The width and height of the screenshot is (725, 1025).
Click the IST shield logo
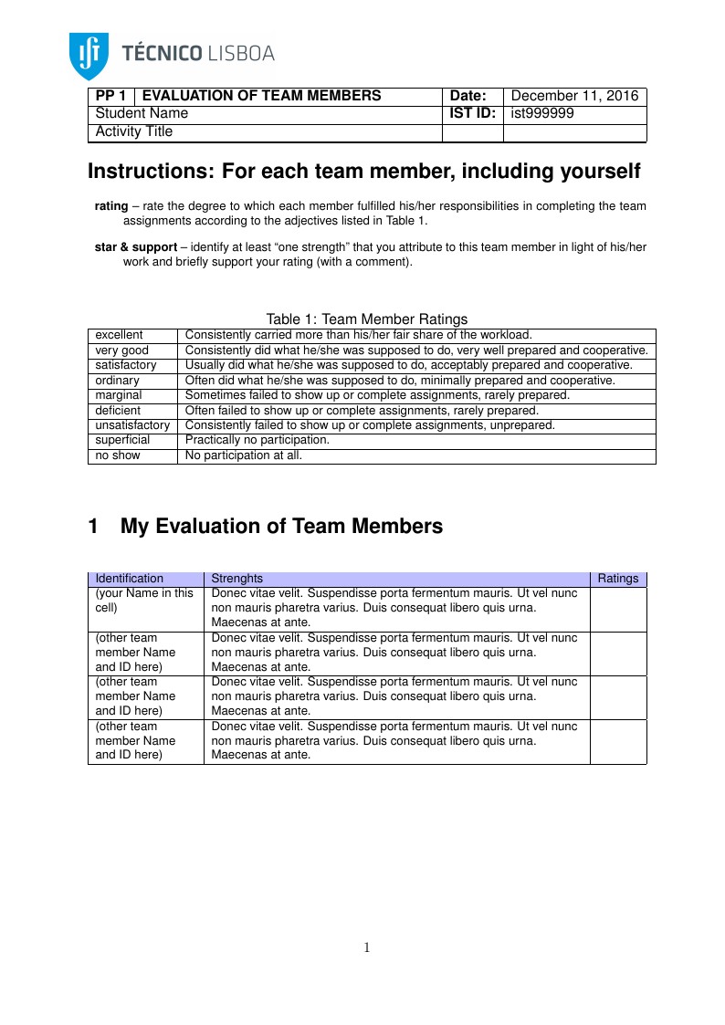tap(89, 55)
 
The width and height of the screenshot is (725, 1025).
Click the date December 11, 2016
tap(574, 96)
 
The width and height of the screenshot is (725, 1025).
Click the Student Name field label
tap(142, 113)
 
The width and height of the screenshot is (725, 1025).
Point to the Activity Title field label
tap(133, 131)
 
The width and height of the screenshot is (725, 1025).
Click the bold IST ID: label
tap(472, 113)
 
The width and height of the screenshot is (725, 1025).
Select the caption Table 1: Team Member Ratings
tap(366, 319)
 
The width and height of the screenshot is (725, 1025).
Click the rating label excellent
tap(119, 335)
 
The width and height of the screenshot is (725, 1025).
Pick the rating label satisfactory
tap(125, 365)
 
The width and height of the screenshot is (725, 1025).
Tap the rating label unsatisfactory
tap(132, 425)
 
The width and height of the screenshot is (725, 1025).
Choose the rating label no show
tap(118, 455)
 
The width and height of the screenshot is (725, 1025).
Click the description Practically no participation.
tap(257, 440)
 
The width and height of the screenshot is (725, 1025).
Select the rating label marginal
tap(119, 395)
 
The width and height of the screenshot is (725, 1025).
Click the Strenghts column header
tap(236, 579)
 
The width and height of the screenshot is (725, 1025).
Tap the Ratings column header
tap(617, 579)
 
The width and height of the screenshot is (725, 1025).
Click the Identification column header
tap(129, 579)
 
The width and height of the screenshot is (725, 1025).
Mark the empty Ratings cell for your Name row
tap(617, 608)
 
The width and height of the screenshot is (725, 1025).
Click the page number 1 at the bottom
tap(366, 947)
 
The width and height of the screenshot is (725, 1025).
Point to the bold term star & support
tap(136, 247)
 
